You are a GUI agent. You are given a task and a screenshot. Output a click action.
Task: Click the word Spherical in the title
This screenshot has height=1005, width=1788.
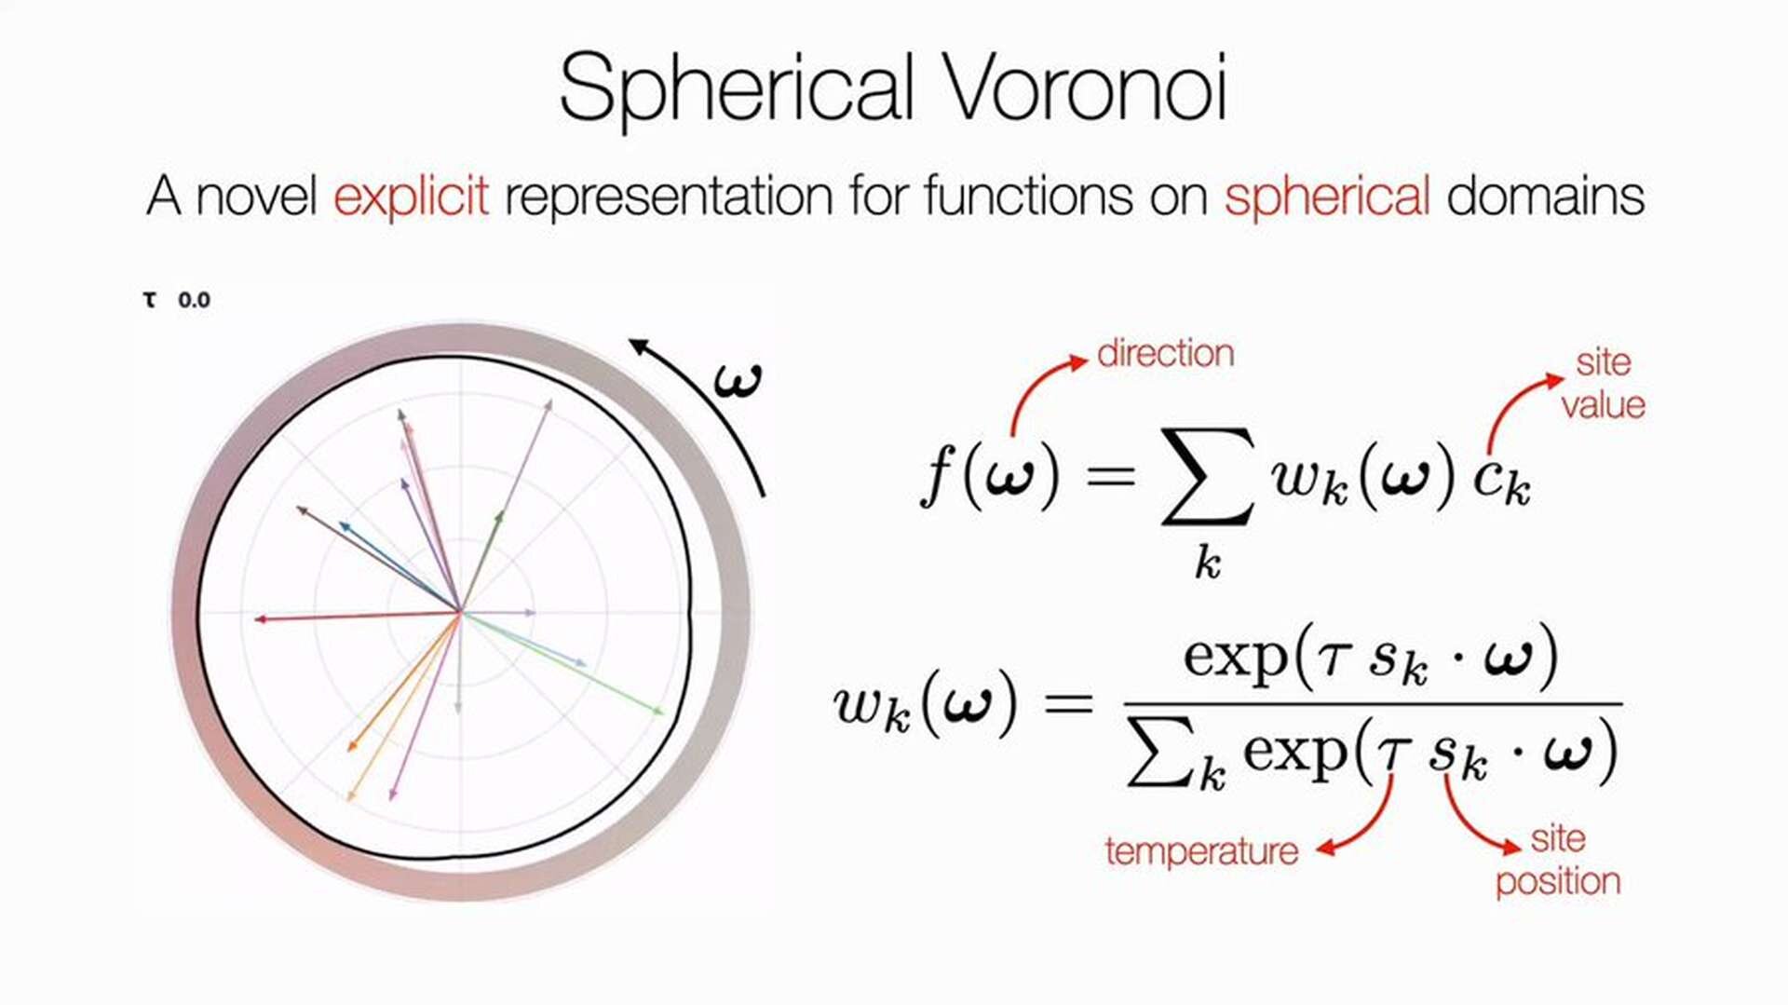(737, 89)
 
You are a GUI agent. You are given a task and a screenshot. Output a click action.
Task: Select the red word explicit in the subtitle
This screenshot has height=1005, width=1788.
(411, 197)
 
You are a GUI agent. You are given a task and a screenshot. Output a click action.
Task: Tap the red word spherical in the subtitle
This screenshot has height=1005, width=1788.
(1327, 197)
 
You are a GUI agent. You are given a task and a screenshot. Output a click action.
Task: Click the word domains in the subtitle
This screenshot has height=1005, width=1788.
(1546, 196)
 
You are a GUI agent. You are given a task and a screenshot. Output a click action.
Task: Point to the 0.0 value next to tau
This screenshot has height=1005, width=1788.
(194, 300)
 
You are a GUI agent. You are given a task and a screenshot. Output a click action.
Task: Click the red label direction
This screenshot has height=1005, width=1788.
(1166, 354)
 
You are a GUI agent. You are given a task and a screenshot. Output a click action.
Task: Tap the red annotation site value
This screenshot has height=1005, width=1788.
(1604, 384)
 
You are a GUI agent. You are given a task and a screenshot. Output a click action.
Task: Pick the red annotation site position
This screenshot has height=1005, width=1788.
(1558, 861)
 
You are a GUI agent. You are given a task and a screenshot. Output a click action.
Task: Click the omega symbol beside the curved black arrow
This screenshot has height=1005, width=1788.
(738, 380)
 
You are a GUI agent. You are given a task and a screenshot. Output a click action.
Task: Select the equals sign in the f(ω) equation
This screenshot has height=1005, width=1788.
(1111, 476)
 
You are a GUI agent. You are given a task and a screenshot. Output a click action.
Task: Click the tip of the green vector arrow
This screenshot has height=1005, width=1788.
(662, 713)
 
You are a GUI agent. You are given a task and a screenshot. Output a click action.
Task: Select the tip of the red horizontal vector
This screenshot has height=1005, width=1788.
(258, 618)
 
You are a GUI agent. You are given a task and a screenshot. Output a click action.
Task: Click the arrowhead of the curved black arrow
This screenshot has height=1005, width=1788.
(636, 345)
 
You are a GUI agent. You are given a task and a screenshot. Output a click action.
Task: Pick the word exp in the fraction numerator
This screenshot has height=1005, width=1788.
(1235, 659)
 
